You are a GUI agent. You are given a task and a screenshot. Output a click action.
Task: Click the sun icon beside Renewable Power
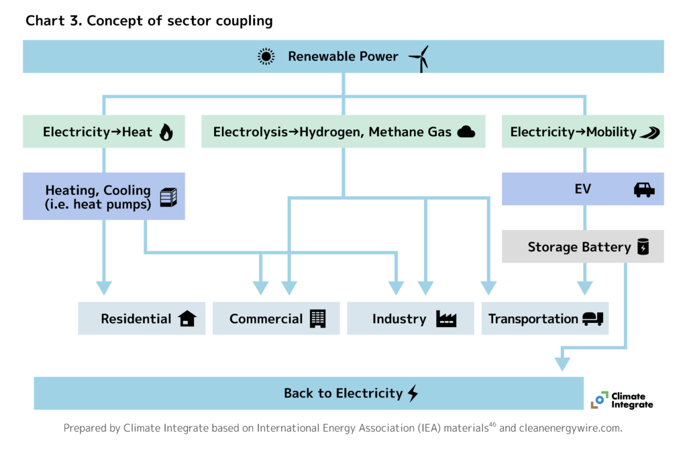point(266,57)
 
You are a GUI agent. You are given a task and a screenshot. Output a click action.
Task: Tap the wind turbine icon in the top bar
point(419,58)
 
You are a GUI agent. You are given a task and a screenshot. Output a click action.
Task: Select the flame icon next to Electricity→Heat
point(166,132)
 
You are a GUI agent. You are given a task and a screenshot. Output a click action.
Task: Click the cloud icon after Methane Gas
point(466,132)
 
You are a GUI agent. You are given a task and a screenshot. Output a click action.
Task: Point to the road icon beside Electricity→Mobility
point(649,132)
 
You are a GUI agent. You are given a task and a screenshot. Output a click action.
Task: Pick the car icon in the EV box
point(644,190)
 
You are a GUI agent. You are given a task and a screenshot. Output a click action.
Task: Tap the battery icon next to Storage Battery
point(643,247)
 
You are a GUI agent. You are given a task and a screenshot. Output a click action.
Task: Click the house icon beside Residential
point(187,319)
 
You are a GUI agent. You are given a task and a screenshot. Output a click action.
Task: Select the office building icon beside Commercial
point(317,319)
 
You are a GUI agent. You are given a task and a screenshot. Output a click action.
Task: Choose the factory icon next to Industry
point(445,319)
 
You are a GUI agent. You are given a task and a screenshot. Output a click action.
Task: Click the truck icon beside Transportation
point(592,319)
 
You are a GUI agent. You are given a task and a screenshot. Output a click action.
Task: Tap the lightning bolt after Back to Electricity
point(413,393)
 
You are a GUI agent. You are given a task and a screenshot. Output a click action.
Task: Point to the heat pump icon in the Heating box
point(168,196)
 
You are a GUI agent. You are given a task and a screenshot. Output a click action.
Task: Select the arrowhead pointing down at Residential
point(103,287)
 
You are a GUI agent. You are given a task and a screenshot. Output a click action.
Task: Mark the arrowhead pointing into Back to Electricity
point(562,364)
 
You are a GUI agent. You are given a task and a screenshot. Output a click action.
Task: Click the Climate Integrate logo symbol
point(599,400)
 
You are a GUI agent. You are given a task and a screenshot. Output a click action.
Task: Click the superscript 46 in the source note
point(492,424)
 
